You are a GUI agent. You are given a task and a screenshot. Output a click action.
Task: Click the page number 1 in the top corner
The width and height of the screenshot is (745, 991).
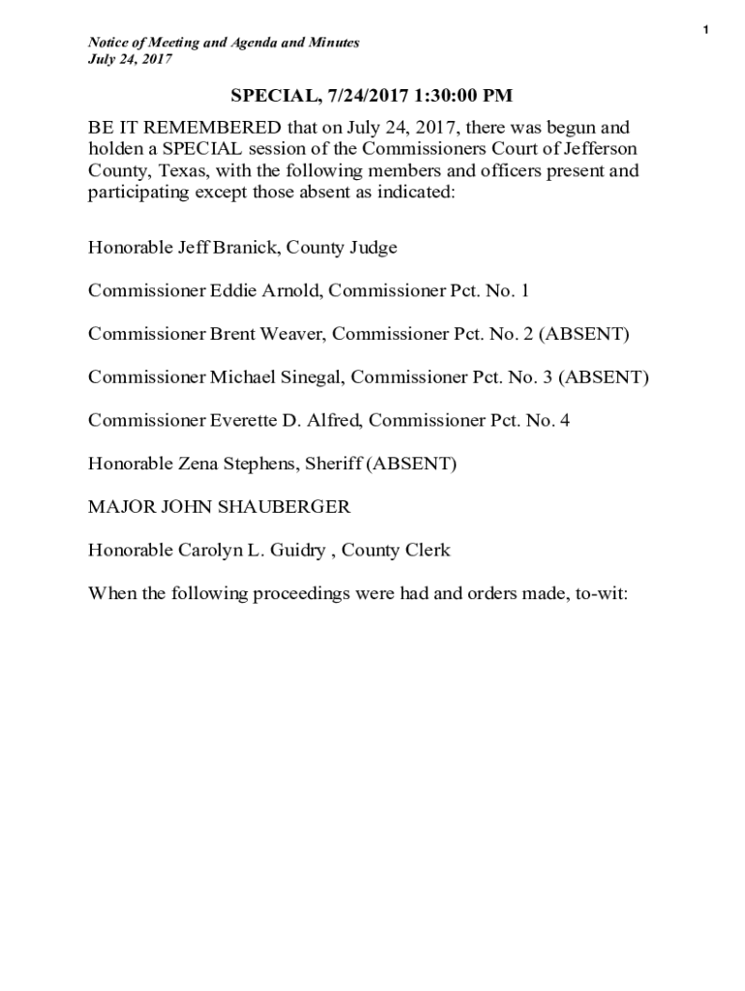click(x=706, y=31)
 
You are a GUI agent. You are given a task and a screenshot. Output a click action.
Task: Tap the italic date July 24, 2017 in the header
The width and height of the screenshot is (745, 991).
click(x=131, y=59)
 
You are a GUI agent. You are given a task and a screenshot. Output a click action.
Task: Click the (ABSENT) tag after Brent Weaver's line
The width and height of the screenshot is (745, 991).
click(x=583, y=334)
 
